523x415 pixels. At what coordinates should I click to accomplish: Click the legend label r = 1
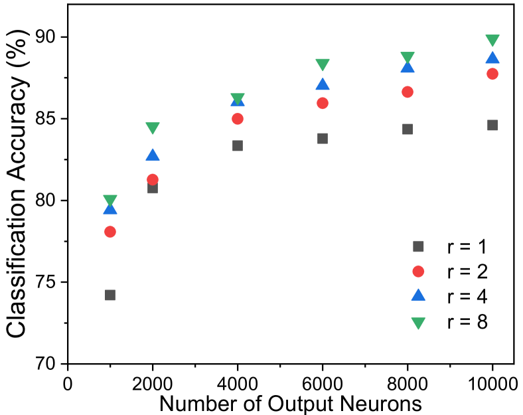pos(467,246)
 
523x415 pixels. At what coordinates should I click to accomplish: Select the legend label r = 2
pos(467,272)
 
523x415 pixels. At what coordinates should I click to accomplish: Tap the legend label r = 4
pos(467,296)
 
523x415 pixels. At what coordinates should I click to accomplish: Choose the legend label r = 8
pos(467,322)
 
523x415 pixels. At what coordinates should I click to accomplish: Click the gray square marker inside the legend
pos(418,246)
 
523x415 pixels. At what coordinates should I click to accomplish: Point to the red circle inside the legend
pos(418,272)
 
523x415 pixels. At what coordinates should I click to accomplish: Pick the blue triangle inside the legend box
pos(418,295)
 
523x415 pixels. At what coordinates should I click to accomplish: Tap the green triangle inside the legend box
pos(418,323)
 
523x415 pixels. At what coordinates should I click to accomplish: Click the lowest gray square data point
pos(110,295)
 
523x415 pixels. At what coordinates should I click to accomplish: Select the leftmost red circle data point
pos(110,232)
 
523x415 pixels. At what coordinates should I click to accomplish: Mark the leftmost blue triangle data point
pos(110,209)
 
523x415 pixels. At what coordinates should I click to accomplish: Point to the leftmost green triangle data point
pos(110,199)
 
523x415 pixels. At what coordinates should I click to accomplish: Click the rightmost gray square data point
pos(492,125)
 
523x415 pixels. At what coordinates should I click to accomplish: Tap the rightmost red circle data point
pos(492,74)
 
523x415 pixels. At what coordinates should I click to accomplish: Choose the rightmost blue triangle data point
pos(492,58)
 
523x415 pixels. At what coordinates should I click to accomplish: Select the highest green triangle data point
pos(492,40)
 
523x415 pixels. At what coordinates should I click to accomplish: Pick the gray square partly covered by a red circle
pos(153,189)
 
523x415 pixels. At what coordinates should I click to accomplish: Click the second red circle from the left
pos(153,179)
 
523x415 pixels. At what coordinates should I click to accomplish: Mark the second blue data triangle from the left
pos(153,155)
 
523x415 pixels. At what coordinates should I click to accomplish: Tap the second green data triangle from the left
pos(153,127)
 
